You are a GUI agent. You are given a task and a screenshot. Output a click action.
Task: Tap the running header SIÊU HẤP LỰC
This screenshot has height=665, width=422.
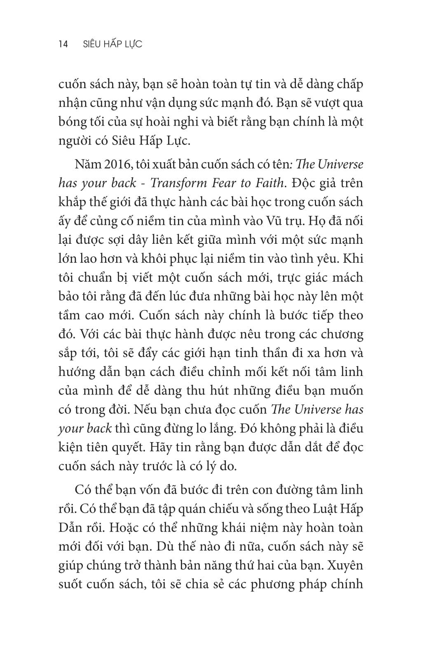(x=112, y=44)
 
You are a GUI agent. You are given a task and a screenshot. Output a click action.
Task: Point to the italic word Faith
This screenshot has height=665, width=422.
(x=270, y=183)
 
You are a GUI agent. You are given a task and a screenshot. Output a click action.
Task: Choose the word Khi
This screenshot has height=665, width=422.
(x=353, y=259)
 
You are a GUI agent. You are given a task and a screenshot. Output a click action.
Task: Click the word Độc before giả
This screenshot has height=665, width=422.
(x=305, y=183)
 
